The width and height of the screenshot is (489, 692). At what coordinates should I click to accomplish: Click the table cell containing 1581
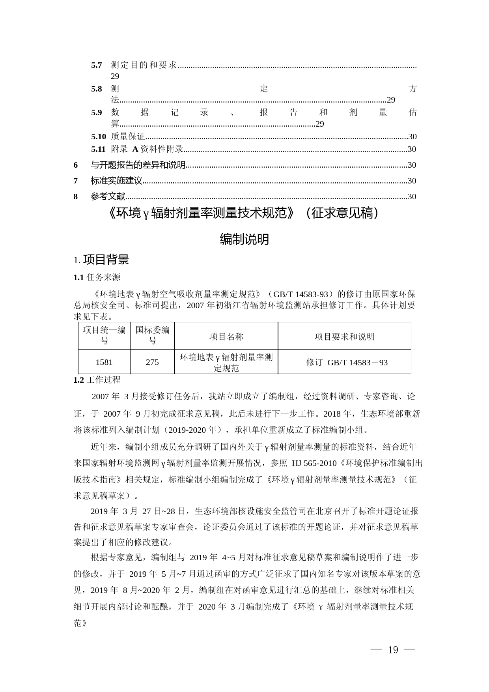[104, 362]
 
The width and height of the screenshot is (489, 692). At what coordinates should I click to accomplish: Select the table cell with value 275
[152, 362]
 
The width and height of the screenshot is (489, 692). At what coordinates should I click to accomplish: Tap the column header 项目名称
[226, 336]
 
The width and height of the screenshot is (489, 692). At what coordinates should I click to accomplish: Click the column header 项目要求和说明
[344, 336]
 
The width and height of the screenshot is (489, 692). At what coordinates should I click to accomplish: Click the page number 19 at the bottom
[393, 650]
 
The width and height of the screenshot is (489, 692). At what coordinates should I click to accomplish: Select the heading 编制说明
[244, 239]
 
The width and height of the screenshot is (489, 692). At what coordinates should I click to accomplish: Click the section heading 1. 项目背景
[101, 260]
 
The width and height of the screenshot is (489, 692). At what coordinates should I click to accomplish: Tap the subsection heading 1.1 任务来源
[97, 277]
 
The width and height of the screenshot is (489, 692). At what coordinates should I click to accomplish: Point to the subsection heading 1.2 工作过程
[97, 380]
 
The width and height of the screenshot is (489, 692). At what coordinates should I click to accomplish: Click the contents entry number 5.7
[97, 65]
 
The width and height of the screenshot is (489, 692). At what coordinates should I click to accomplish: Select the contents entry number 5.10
[99, 137]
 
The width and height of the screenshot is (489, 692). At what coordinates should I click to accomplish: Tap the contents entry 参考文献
[108, 196]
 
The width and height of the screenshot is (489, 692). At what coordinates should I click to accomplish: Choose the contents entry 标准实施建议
[116, 180]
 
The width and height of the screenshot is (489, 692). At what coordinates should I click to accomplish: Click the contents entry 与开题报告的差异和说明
[138, 165]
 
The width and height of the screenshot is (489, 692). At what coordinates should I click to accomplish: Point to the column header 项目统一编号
[104, 335]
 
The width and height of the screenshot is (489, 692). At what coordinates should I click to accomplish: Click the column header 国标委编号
[152, 335]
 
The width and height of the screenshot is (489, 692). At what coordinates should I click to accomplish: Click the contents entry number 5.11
[99, 149]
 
